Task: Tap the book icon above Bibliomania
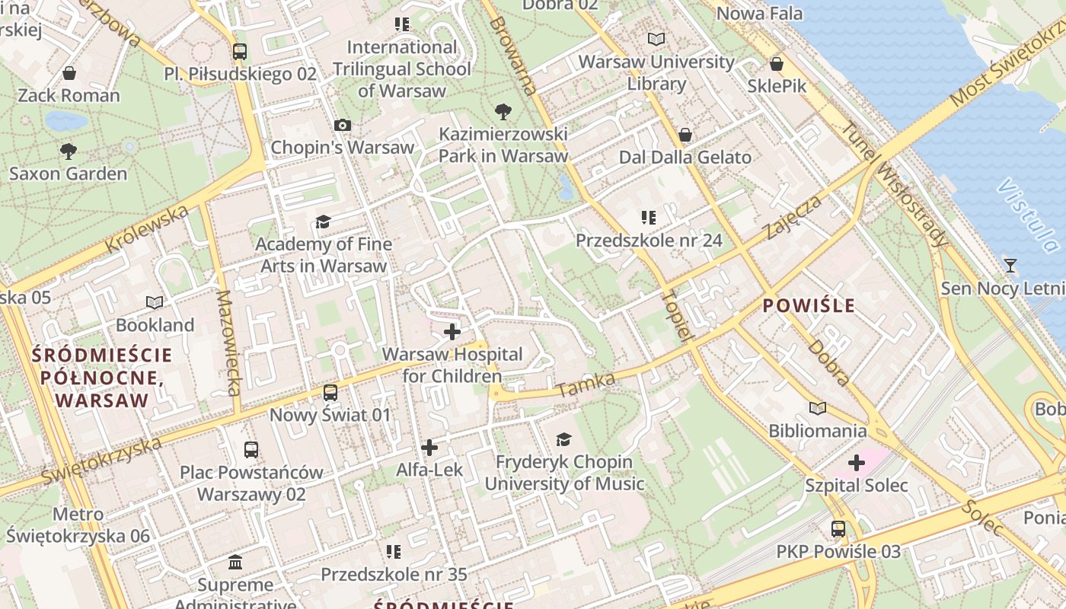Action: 818,409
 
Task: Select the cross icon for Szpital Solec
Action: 857,462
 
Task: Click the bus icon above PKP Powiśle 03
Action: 838,528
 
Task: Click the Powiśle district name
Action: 809,306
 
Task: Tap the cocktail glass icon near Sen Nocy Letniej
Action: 1010,266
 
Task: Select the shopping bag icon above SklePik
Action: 777,64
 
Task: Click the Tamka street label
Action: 586,385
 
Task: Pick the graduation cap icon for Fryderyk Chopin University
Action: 563,439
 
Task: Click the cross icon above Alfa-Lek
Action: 429,448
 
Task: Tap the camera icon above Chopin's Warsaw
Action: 343,125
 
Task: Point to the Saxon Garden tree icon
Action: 69,151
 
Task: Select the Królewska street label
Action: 147,228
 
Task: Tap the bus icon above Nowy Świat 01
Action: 330,393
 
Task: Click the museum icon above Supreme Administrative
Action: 235,563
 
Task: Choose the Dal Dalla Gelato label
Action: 685,158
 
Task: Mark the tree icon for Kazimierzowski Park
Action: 503,112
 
